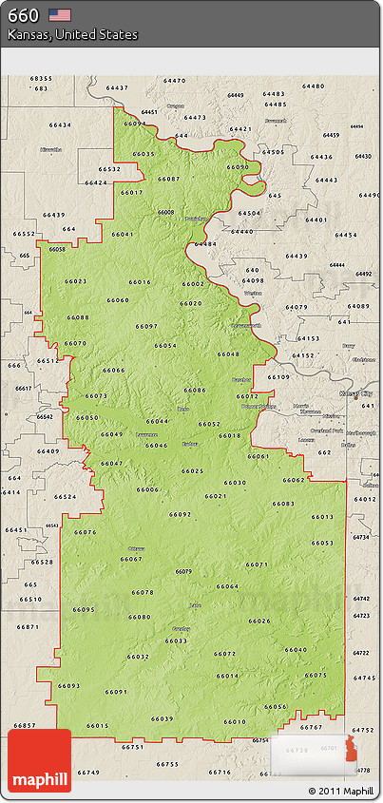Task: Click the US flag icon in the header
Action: [x=61, y=14]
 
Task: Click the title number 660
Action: [x=23, y=15]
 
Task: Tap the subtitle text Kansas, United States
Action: [x=72, y=35]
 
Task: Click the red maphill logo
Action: [x=40, y=761]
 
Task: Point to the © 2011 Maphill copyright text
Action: [x=340, y=791]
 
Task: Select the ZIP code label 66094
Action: [x=136, y=124]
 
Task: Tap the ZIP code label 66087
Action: [x=168, y=179]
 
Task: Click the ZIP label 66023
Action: [x=75, y=281]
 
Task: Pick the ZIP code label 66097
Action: [x=146, y=326]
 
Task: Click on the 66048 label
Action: [x=228, y=354]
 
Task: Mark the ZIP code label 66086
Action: [x=194, y=390]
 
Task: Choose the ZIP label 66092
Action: [x=180, y=514]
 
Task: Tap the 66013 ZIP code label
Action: [x=322, y=516]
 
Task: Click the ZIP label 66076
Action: [x=85, y=532]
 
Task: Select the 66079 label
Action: [x=182, y=571]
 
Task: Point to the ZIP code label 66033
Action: [x=176, y=640]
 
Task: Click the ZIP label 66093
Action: [x=68, y=685]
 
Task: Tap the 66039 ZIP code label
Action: [x=163, y=718]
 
